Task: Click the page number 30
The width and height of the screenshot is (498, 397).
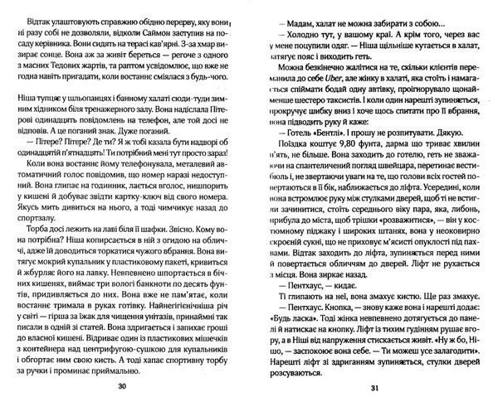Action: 124,387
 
